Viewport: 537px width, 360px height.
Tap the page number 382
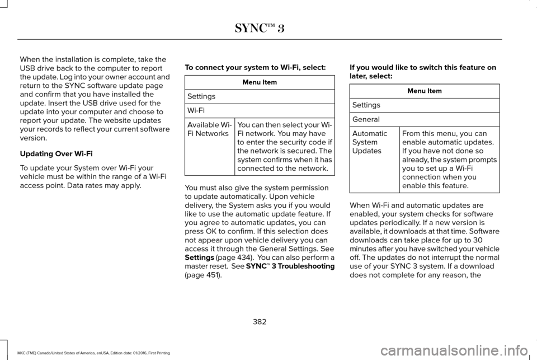[260, 321]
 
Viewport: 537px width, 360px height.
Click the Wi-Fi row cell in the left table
[259, 111]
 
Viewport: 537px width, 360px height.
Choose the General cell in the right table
[424, 120]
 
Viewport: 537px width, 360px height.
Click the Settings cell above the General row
[424, 105]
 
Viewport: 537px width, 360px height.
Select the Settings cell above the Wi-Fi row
[259, 97]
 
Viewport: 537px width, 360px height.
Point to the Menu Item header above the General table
[424, 91]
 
